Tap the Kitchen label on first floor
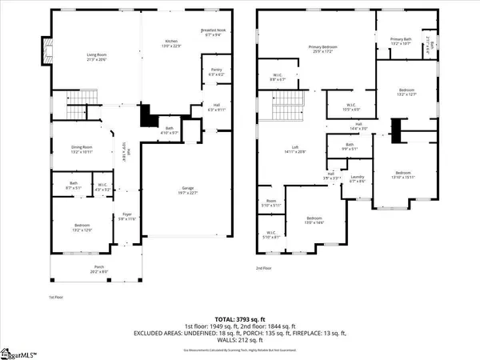point(171,42)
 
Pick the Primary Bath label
point(400,41)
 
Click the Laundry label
point(358,178)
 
